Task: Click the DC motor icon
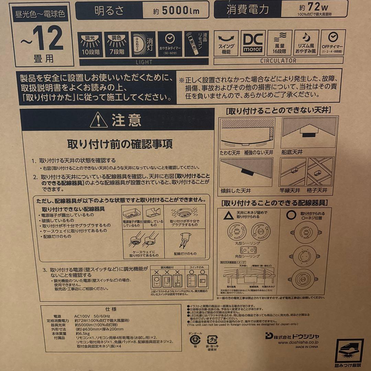(x=253, y=43)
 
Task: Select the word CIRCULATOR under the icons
(x=279, y=61)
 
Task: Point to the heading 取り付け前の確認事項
(x=120, y=144)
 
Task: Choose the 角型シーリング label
(x=250, y=256)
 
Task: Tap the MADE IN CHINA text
(x=306, y=347)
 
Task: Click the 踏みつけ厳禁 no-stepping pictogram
(x=349, y=352)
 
